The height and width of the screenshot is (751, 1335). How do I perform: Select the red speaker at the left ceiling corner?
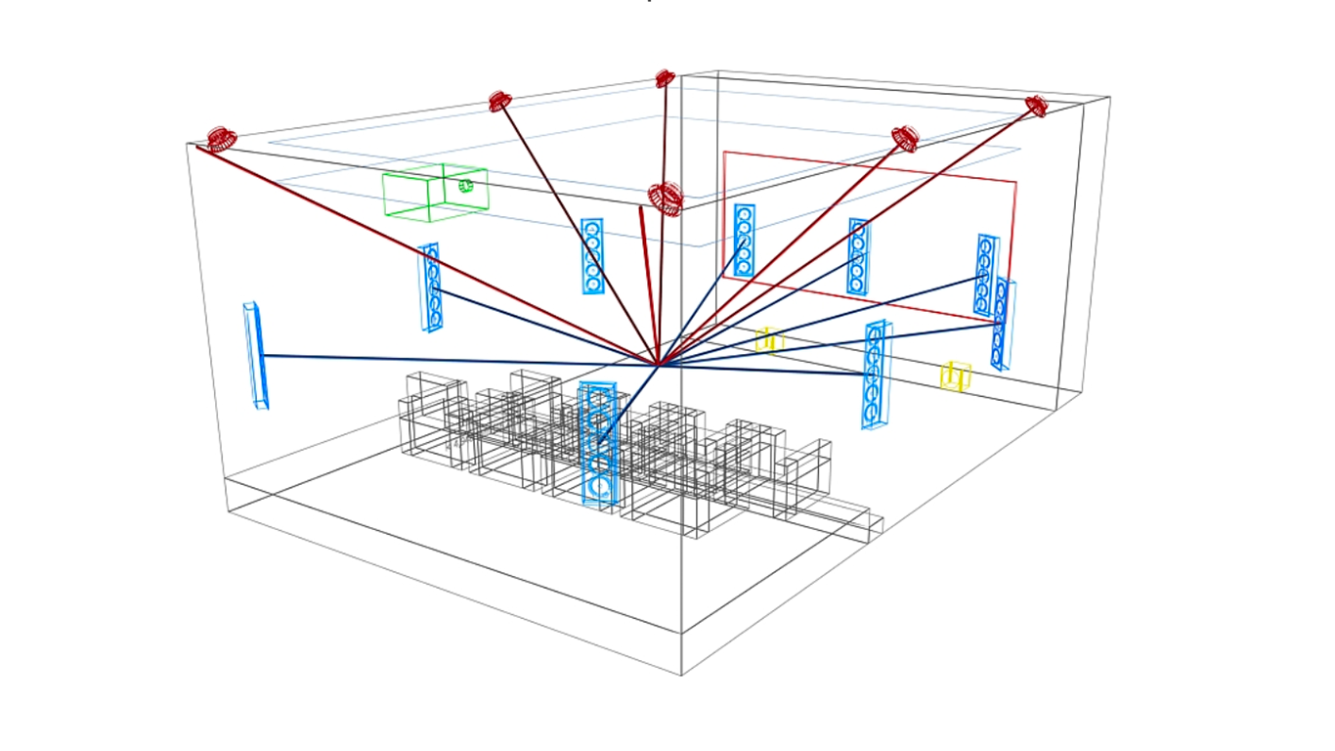click(x=221, y=138)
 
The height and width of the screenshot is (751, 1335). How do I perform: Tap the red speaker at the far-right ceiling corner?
click(x=1036, y=106)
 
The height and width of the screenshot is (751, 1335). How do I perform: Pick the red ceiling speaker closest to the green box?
click(x=500, y=101)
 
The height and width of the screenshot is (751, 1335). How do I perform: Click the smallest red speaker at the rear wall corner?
click(x=665, y=78)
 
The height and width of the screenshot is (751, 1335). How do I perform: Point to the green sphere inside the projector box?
click(x=466, y=186)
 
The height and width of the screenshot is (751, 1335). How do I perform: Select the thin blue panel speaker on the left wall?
click(x=255, y=354)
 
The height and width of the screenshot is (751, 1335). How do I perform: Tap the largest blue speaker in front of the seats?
click(x=597, y=445)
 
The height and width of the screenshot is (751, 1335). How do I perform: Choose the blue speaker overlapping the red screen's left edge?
click(x=744, y=240)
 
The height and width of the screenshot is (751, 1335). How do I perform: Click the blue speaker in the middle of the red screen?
click(x=858, y=256)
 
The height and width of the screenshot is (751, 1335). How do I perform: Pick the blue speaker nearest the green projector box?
click(x=430, y=287)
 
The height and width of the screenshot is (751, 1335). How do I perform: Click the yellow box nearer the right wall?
click(x=955, y=376)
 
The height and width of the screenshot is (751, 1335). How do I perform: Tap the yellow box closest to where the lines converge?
click(x=769, y=339)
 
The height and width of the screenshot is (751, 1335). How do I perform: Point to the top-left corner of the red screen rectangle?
click(x=724, y=153)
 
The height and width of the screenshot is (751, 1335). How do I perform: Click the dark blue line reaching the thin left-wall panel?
click(x=440, y=359)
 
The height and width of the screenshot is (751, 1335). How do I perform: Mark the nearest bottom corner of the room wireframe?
click(x=681, y=674)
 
